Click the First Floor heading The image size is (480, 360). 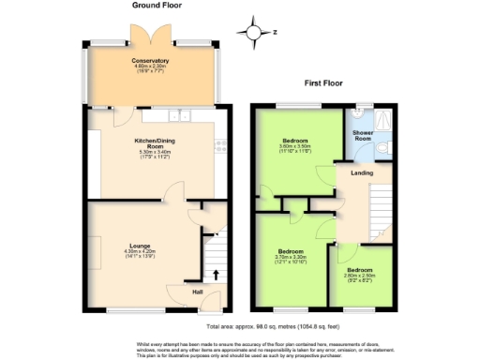pyautogui.click(x=323, y=82)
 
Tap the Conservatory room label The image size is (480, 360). pyautogui.click(x=150, y=61)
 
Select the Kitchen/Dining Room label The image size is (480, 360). pyautogui.click(x=150, y=144)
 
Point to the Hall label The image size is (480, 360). pyautogui.click(x=199, y=292)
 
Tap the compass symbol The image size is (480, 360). pyautogui.click(x=254, y=33)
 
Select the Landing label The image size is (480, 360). pyautogui.click(x=362, y=172)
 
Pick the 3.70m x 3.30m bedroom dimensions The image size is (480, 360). pyautogui.click(x=291, y=258)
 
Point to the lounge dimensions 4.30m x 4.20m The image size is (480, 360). pyautogui.click(x=142, y=254)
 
